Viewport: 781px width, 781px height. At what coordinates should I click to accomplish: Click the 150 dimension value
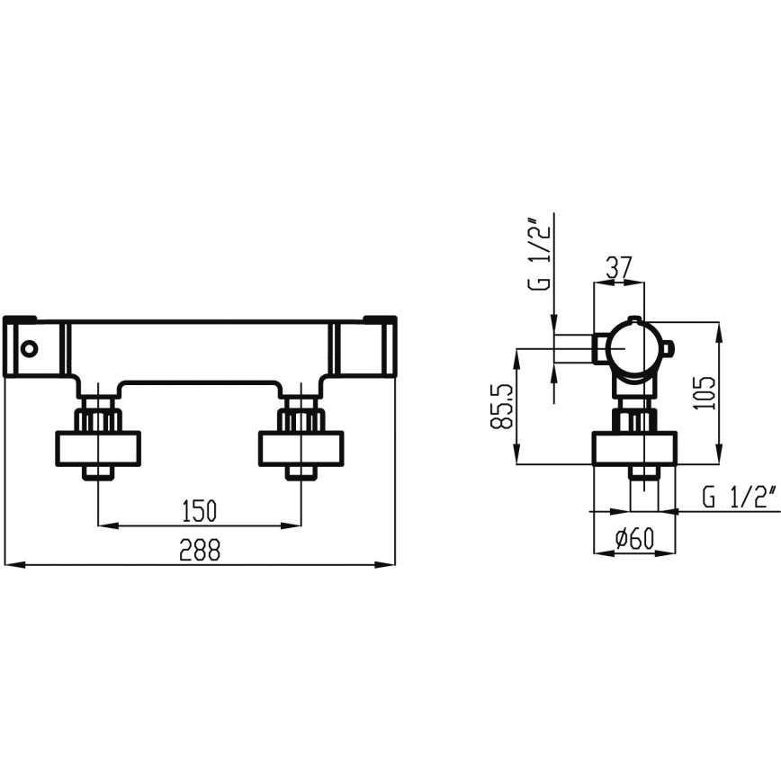[x=200, y=511]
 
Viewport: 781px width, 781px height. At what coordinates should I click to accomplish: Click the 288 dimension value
[x=200, y=551]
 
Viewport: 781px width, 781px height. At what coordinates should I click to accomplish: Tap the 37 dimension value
[x=618, y=267]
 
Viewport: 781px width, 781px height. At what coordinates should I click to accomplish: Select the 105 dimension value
[x=707, y=393]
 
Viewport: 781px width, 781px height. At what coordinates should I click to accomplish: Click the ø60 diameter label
[x=633, y=540]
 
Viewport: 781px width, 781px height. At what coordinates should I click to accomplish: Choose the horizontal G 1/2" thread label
[x=739, y=498]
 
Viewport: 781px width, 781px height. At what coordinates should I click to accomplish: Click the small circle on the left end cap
[x=31, y=347]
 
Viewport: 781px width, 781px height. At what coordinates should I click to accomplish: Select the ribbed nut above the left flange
[x=99, y=419]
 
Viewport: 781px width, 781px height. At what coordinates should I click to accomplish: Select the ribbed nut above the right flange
[x=301, y=419]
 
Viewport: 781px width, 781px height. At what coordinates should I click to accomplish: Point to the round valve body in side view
[x=633, y=348]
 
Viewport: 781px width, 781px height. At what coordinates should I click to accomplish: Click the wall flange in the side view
[x=633, y=448]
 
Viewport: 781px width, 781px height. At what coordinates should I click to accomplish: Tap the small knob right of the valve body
[x=668, y=347]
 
